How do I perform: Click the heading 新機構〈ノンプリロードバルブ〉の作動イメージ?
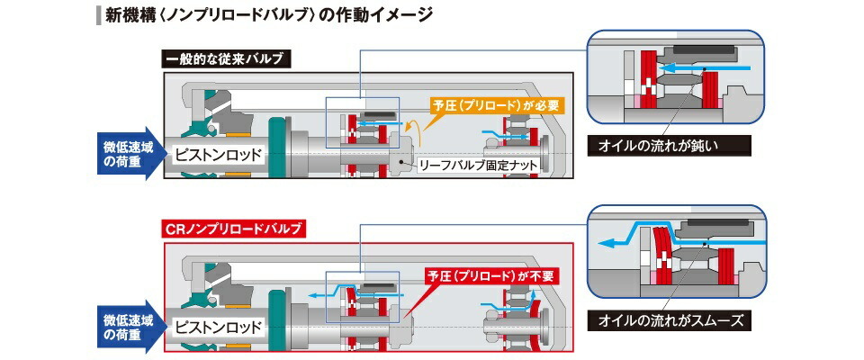pos(266,15)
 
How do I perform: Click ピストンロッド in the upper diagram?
pos(218,154)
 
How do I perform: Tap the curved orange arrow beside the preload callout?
pos(417,130)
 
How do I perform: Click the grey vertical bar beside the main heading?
pos(96,15)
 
